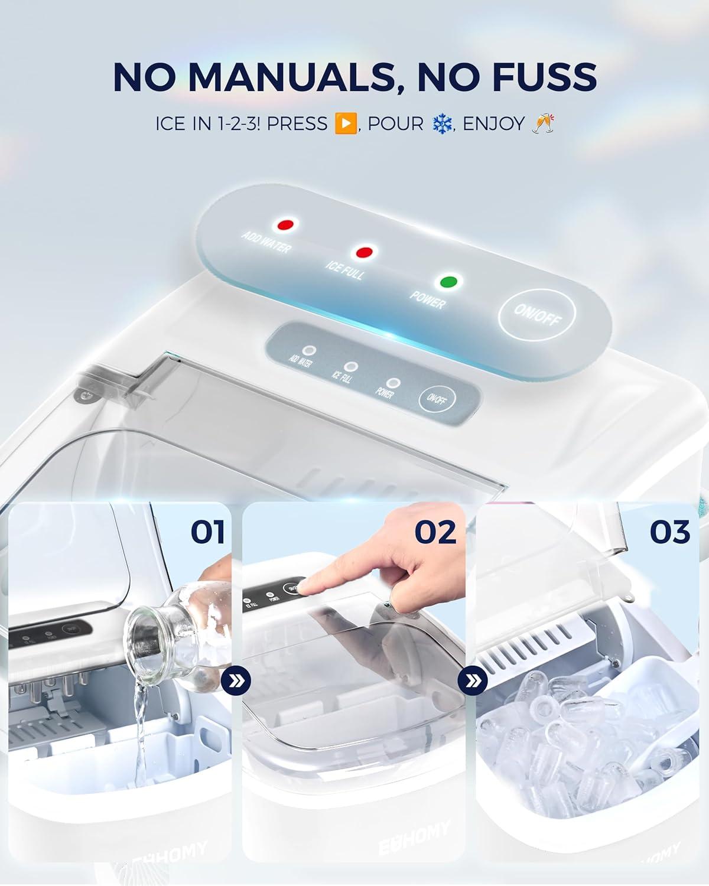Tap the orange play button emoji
(x=345, y=123)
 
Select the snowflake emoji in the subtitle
(x=441, y=123)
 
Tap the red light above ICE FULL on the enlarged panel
(x=363, y=252)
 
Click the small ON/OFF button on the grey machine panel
(x=436, y=399)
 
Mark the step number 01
(x=207, y=532)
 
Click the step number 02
(x=435, y=532)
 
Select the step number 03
(x=670, y=532)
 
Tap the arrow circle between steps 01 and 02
(x=236, y=682)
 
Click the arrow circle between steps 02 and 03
(x=473, y=682)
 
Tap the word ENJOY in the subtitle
(x=494, y=123)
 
